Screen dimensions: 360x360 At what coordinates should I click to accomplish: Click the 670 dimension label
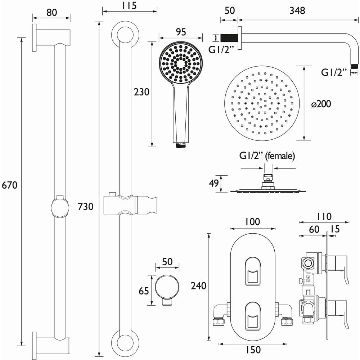coord(10,186)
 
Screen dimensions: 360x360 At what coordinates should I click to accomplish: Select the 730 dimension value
coord(86,206)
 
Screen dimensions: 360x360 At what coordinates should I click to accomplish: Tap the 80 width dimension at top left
coord(51,12)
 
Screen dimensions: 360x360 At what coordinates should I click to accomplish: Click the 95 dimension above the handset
coord(181,32)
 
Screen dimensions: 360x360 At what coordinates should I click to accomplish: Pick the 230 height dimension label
coord(141,92)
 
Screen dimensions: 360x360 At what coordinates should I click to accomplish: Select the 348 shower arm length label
coord(297,11)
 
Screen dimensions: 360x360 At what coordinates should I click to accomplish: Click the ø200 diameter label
coord(321,104)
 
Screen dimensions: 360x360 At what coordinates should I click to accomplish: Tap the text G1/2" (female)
coord(267,156)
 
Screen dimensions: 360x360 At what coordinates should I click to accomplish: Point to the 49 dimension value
coord(214,184)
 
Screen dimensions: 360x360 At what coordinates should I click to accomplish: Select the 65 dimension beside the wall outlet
coord(144,291)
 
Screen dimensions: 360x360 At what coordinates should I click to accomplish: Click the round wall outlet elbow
coord(167,288)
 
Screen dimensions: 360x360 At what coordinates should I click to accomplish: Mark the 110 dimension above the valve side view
coord(324,217)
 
